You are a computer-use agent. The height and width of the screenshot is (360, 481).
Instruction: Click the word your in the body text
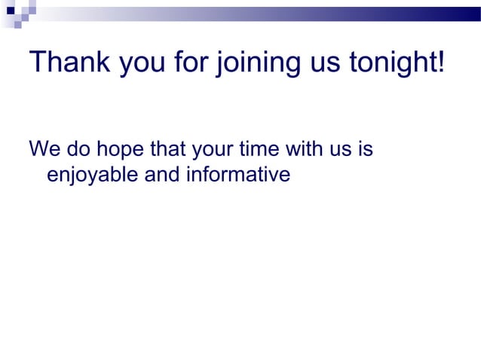[x=216, y=151]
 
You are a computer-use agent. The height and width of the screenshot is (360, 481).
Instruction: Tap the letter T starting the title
[x=37, y=62]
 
